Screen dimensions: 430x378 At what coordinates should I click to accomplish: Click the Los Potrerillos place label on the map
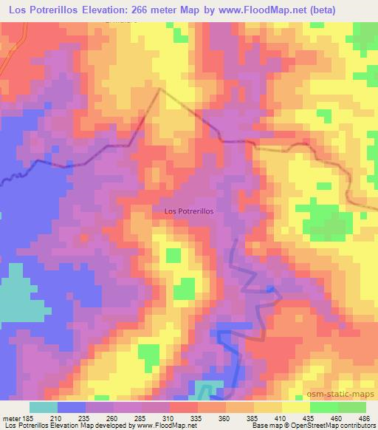click(188, 211)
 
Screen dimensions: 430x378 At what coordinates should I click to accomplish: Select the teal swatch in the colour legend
click(44, 407)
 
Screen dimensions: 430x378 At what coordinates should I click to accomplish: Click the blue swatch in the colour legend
click(72, 407)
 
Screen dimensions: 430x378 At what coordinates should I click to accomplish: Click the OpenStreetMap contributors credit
click(340, 426)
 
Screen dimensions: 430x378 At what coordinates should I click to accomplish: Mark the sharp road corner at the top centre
click(160, 89)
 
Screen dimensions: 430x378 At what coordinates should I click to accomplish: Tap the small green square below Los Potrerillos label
click(173, 255)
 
